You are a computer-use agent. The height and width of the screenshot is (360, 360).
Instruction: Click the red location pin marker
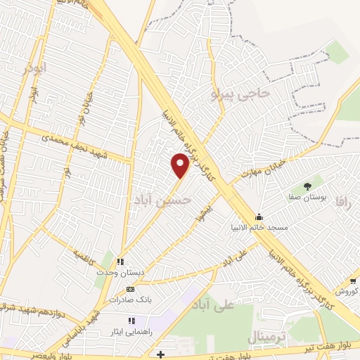coord(181,164)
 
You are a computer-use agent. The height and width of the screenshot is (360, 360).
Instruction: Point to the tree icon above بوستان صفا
coord(307,186)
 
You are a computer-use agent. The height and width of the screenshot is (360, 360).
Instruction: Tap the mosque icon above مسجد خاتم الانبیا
coord(259,217)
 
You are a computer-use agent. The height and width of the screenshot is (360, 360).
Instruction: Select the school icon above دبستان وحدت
coord(120,262)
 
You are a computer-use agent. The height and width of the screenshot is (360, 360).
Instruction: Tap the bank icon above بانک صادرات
coord(129,289)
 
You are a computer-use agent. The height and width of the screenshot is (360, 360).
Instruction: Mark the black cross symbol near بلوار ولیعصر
coord(161,354)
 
